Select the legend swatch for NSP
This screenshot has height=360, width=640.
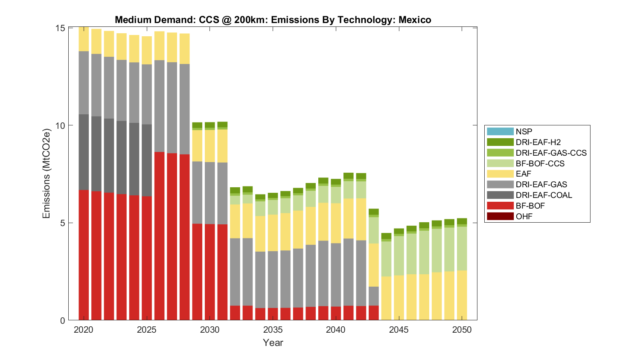coord(500,131)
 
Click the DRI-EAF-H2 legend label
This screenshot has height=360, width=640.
coord(538,142)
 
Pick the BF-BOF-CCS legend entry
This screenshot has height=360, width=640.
coord(540,163)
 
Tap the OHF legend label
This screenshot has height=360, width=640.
coord(524,216)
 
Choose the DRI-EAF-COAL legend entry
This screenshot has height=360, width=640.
coord(544,195)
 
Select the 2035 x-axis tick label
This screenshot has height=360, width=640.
coord(273,330)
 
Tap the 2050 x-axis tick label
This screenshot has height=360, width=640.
coord(462,330)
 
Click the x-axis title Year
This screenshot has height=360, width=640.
coord(273,343)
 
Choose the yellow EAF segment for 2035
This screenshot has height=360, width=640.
coord(273,232)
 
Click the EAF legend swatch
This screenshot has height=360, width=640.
coord(500,174)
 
